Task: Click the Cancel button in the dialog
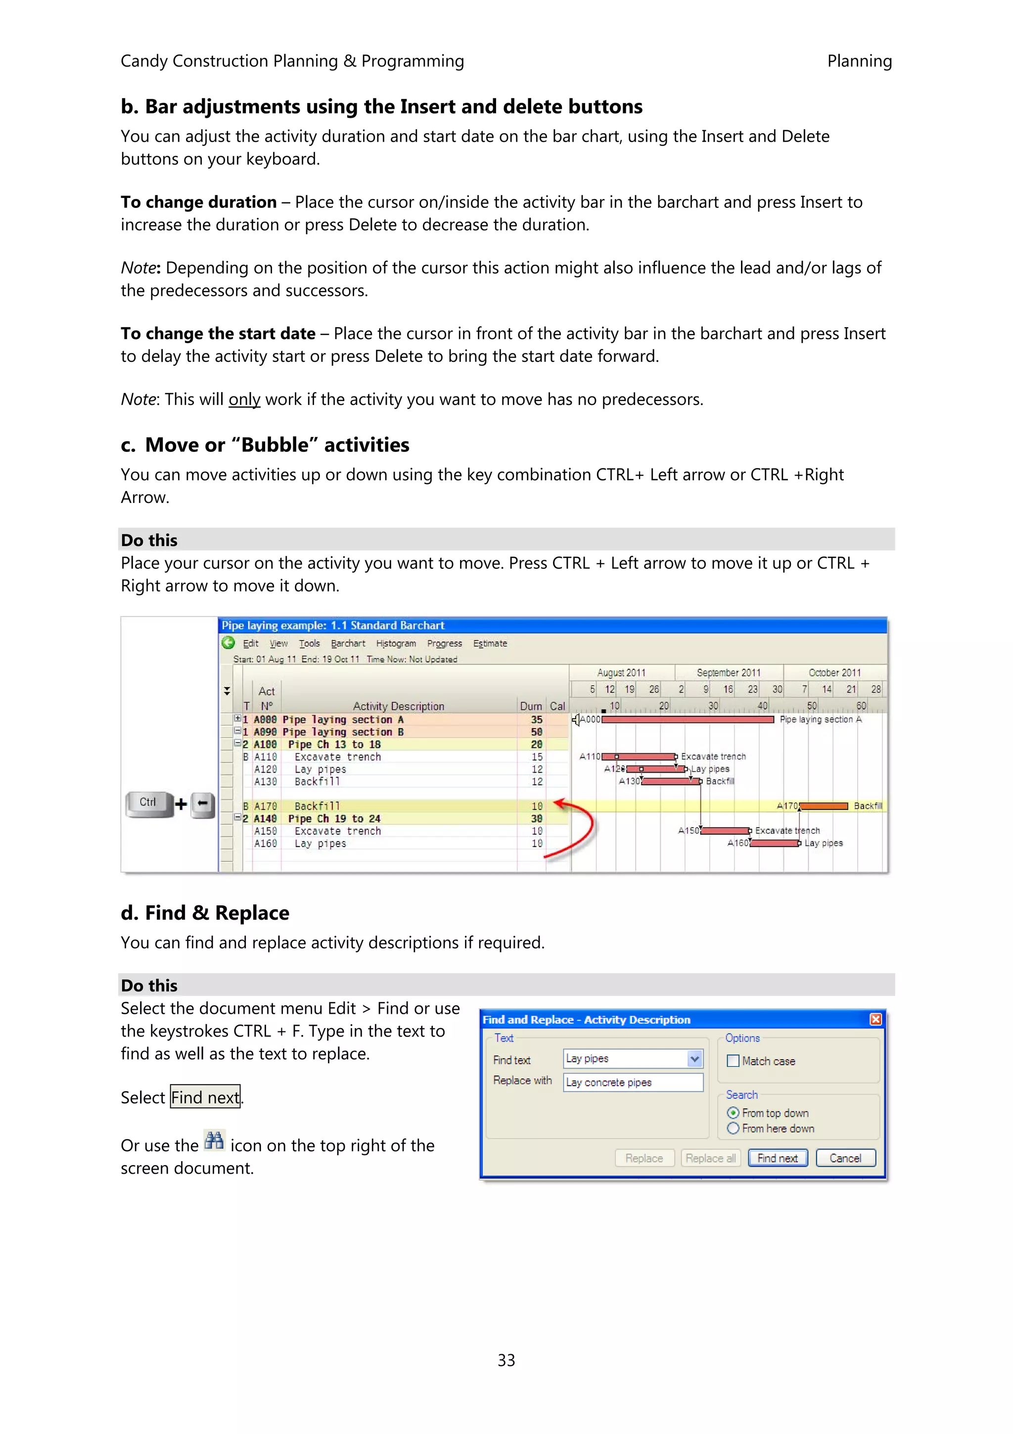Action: (845, 1158)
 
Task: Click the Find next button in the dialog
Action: (777, 1158)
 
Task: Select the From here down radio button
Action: (734, 1128)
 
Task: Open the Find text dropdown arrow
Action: (694, 1059)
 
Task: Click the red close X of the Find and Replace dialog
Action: (875, 1019)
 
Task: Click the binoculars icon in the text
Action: (214, 1140)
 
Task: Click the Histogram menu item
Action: (396, 643)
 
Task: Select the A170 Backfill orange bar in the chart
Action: (824, 806)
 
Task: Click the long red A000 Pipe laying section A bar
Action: (687, 720)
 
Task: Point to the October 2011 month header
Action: (834, 673)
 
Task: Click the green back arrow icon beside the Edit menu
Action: (229, 643)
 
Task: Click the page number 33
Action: (506, 1360)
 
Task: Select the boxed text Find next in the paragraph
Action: (205, 1097)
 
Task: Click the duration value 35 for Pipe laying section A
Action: (536, 720)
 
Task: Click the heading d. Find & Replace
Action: (205, 913)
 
